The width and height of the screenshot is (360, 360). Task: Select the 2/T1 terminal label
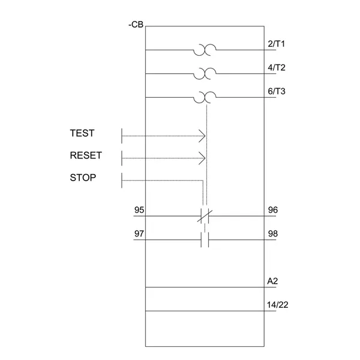[x=276, y=44]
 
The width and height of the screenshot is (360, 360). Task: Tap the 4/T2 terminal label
[x=276, y=67]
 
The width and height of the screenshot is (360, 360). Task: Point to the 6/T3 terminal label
[x=276, y=91]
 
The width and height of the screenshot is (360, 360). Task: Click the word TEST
[x=82, y=133]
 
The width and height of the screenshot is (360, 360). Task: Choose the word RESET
[x=86, y=155]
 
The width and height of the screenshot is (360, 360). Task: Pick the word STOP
[x=83, y=178]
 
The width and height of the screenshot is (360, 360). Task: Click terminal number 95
[x=139, y=210]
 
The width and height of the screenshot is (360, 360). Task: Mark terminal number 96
[x=272, y=210]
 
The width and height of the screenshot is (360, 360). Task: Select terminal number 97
[x=139, y=233]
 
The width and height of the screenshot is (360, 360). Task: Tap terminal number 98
[x=272, y=233]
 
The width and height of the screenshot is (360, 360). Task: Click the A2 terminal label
[x=272, y=281]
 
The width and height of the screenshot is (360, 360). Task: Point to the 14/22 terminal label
[x=278, y=305]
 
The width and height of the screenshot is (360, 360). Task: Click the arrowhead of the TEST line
[x=203, y=136]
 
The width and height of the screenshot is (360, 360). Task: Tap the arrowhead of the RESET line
[x=203, y=158]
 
